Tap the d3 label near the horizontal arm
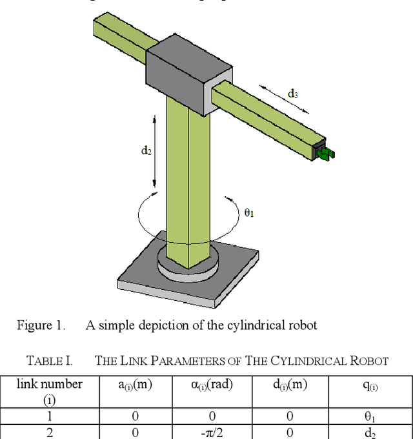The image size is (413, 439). point(292,94)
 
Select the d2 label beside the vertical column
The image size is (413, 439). point(146,150)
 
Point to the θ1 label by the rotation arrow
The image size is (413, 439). point(249,212)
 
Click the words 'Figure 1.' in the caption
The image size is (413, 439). point(41,325)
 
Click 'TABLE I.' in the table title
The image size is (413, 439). point(49,360)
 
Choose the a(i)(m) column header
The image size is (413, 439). point(136,385)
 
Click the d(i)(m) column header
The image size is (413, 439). point(289,385)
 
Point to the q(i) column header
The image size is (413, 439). point(370,385)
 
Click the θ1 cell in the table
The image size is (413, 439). point(370,417)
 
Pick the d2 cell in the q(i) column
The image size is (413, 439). point(370,432)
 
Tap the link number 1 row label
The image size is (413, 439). point(50,416)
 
